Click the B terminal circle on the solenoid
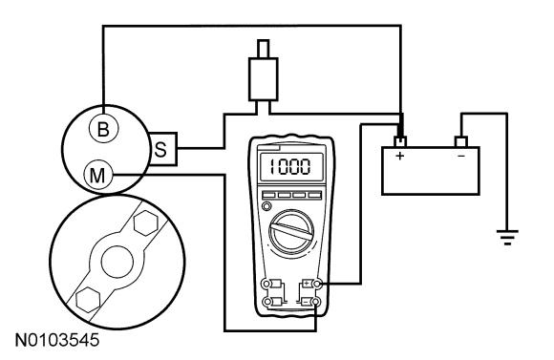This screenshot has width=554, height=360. [103, 129]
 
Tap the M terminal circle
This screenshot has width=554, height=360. [97, 175]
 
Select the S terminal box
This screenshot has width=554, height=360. [163, 149]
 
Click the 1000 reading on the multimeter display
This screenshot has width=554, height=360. [290, 167]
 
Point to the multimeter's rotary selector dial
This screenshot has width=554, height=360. [291, 232]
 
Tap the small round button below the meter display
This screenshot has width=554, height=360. [266, 206]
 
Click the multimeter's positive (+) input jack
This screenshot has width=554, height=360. [317, 284]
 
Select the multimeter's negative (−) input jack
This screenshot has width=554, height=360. [316, 302]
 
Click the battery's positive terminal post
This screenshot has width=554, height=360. [400, 142]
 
